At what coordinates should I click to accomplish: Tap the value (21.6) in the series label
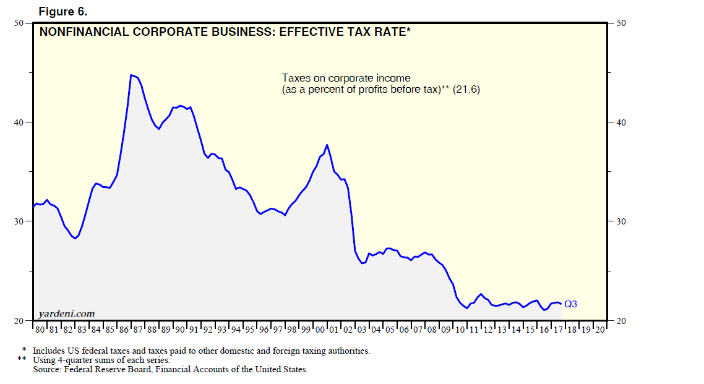(466, 90)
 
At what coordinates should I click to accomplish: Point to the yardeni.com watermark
(67, 314)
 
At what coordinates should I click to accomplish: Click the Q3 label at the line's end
(570, 304)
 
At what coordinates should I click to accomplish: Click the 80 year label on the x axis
(40, 330)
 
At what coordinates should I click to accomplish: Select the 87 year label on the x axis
(137, 330)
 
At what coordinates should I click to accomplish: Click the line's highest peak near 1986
(131, 75)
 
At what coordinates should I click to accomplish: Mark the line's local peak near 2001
(327, 145)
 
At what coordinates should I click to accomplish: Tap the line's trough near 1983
(75, 238)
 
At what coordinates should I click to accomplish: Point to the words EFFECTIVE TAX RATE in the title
(343, 33)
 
